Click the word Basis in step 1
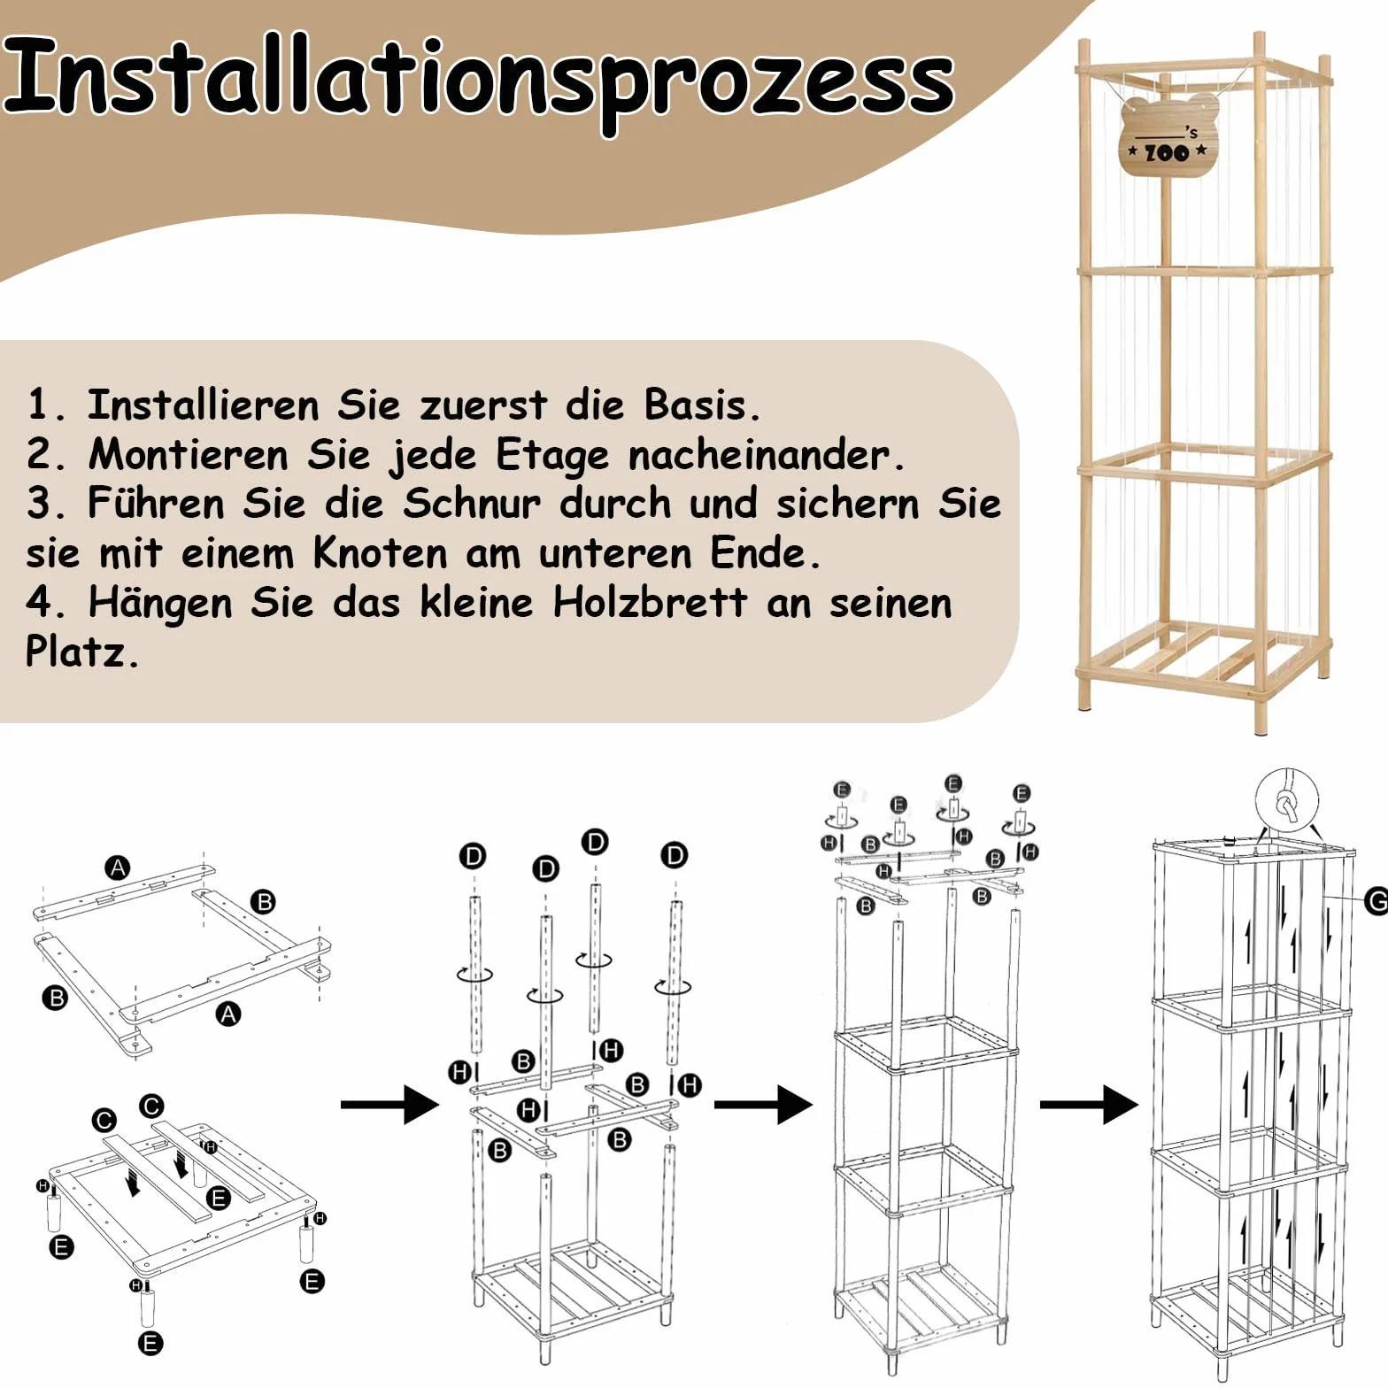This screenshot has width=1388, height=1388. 702,405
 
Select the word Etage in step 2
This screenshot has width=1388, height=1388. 552,456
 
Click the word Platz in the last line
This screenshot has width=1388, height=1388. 82,652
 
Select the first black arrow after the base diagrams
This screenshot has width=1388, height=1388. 389,1104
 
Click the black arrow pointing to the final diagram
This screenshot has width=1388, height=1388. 1089,1104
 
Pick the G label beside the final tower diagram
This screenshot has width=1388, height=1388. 1376,902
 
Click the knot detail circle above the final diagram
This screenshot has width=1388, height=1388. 1287,801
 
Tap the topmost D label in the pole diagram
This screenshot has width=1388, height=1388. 595,842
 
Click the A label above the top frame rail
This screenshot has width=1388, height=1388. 118,868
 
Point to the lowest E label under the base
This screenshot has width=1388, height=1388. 150,1344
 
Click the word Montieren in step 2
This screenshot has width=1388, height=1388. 188,455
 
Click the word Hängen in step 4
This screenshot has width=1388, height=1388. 160,604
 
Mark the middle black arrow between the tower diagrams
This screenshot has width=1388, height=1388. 763,1104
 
